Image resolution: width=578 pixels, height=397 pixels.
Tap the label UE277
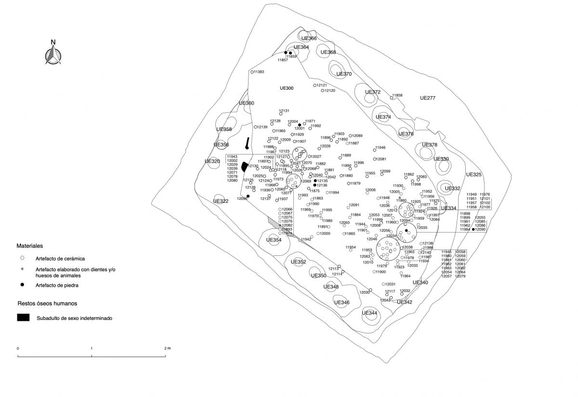coord(427,98)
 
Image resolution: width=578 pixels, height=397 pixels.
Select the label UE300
coord(287,88)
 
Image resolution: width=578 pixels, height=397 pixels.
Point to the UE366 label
coord(309,39)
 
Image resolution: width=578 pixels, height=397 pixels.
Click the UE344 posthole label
coord(369,313)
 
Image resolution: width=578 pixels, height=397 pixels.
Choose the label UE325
coord(473,174)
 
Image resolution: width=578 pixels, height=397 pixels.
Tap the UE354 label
coord(274,240)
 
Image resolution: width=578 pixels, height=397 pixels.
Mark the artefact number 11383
coord(258,72)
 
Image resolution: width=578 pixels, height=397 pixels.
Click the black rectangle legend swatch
coord(23,318)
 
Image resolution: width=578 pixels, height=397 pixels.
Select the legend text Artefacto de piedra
coord(56,285)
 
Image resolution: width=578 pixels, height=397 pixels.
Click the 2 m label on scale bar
coord(167,348)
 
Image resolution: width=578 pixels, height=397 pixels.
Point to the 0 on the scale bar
coord(18,348)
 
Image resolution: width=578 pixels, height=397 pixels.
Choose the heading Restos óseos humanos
coord(47,304)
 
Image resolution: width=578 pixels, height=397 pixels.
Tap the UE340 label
coord(420,282)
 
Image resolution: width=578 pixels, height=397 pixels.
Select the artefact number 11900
coord(381,272)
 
